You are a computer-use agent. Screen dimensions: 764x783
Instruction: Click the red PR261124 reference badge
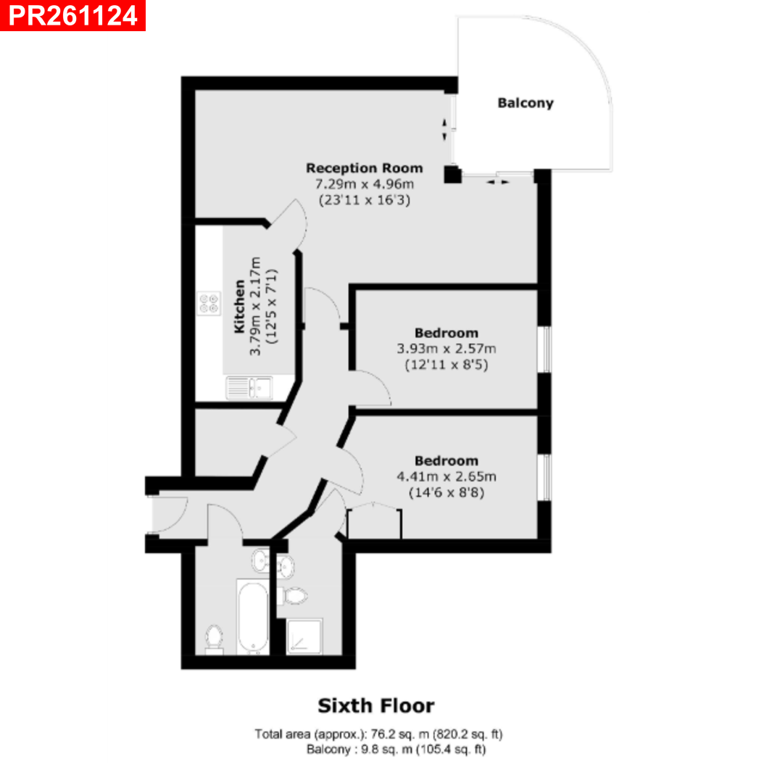[x=73, y=15]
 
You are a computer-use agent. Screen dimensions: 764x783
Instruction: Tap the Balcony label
[x=526, y=103]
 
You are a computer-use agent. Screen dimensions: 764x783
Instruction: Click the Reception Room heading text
[x=365, y=167]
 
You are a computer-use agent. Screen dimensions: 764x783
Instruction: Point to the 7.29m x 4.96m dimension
[x=365, y=183]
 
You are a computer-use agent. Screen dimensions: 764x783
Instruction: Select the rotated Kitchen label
[x=240, y=306]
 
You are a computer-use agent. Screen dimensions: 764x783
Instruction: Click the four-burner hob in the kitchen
[x=209, y=303]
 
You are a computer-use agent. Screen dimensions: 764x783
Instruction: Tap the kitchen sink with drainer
[x=249, y=388]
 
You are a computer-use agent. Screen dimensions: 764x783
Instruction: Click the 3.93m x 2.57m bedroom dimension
[x=447, y=349]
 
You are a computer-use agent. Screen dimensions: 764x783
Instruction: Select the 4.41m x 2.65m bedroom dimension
[x=447, y=476]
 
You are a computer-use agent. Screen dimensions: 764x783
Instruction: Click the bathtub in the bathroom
[x=253, y=617]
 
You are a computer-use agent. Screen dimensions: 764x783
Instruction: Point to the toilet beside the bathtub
[x=215, y=639]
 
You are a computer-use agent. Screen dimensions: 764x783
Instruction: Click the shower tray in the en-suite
[x=304, y=637]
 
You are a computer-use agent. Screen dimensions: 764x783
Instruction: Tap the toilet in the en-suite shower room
[x=294, y=596]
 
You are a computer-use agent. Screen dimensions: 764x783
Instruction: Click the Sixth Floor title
[x=376, y=705]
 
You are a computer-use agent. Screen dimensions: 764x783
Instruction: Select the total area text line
[x=378, y=734]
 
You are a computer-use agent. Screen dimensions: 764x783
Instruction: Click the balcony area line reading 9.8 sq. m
[x=396, y=749]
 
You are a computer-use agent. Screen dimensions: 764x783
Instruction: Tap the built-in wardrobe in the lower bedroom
[x=374, y=521]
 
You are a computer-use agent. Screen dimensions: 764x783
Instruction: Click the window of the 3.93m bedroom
[x=546, y=349]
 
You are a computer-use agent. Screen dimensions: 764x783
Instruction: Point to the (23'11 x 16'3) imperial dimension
[x=365, y=200]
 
